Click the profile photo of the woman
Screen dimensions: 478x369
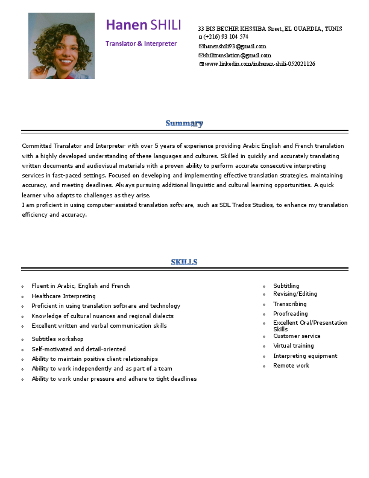[61, 46]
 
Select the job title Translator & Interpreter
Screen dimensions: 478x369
[141, 43]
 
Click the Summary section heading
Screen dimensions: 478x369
[184, 124]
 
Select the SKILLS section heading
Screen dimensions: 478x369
[184, 262]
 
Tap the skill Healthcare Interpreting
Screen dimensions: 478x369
[63, 296]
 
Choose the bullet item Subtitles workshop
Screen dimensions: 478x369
[57, 339]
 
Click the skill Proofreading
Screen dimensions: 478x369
[290, 314]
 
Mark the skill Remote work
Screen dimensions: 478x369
[291, 366]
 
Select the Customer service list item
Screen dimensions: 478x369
[297, 336]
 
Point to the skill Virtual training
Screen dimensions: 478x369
[293, 346]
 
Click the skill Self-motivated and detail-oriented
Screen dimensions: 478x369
[78, 349]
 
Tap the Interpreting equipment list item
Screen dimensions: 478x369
[305, 356]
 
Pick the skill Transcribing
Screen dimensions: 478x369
[289, 304]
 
